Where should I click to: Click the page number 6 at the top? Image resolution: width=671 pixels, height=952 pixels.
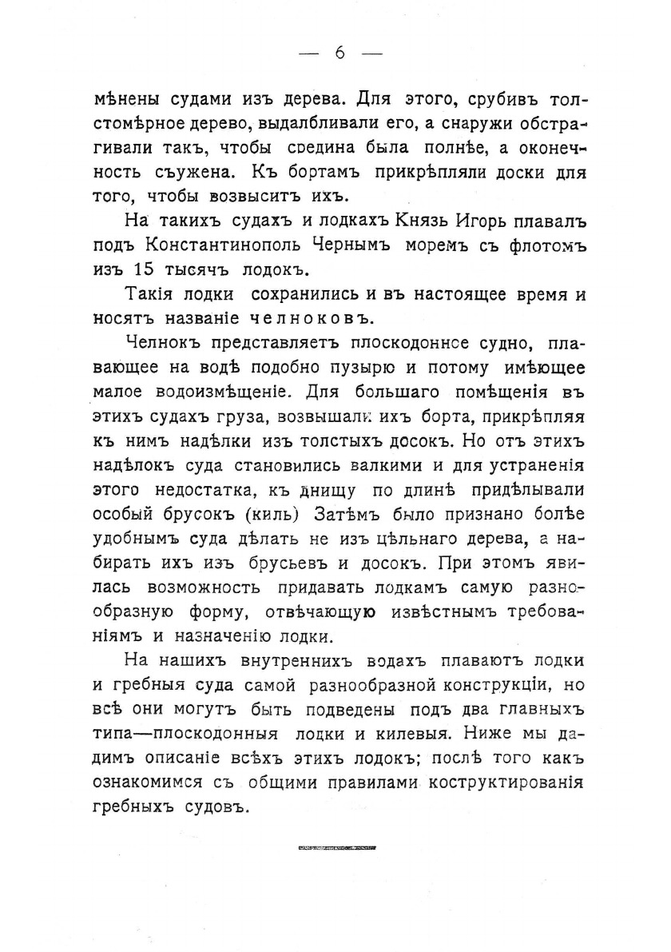pos(339,54)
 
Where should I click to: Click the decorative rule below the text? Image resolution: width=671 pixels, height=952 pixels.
pos(335,846)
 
